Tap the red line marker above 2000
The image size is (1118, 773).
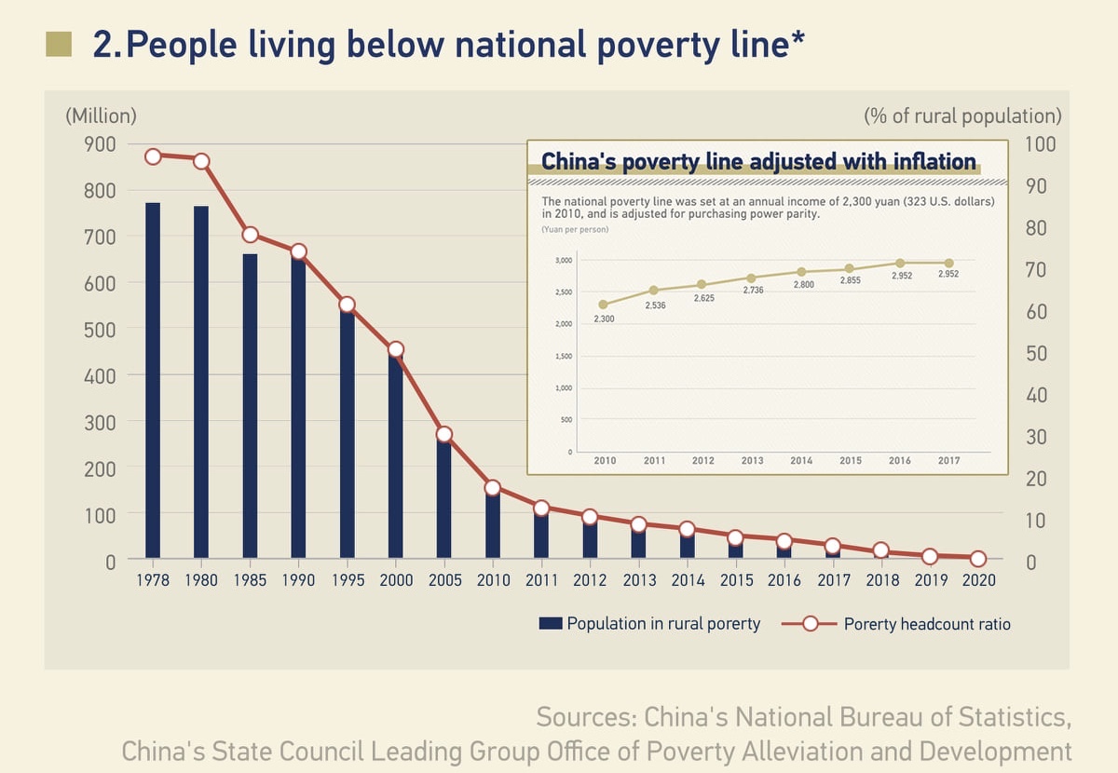point(396,350)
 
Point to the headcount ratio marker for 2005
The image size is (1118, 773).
point(444,434)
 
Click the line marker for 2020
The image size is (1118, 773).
point(977,559)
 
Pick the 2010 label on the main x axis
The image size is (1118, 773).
point(493,580)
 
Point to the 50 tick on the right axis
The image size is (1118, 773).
point(1036,354)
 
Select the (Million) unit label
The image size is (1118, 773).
point(101,116)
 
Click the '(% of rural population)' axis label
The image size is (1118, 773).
point(962,116)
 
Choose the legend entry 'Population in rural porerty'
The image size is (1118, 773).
point(649,624)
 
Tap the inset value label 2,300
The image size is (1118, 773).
point(603,319)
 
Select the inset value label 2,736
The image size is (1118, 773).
point(753,291)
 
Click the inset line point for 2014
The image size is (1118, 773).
point(801,272)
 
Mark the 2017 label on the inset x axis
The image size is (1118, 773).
point(948,461)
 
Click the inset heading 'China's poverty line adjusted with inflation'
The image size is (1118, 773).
point(758,161)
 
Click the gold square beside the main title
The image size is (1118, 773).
point(59,44)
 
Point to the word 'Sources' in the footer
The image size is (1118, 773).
point(584,718)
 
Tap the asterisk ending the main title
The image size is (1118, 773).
point(798,40)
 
